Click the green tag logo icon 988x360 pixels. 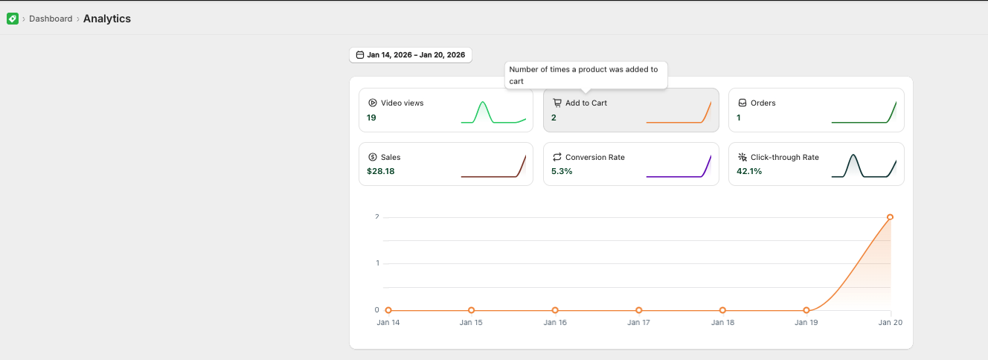pyautogui.click(x=13, y=19)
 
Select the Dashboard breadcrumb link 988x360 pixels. pyautogui.click(x=51, y=19)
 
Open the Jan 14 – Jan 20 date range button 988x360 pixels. pyautogui.click(x=411, y=55)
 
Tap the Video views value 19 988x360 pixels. pyautogui.click(x=371, y=118)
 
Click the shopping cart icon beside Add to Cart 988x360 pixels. pyautogui.click(x=557, y=103)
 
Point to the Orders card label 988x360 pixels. pyautogui.click(x=763, y=103)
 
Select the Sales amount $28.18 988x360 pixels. pyautogui.click(x=381, y=171)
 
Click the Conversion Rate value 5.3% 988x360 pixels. pyautogui.click(x=562, y=171)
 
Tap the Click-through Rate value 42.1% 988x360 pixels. pyautogui.click(x=749, y=171)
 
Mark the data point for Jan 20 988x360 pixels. pyautogui.click(x=890, y=217)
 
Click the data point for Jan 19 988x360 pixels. pyautogui.click(x=806, y=310)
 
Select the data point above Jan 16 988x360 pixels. pyautogui.click(x=555, y=310)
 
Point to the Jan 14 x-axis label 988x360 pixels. pyautogui.click(x=388, y=323)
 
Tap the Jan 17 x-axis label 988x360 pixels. pyautogui.click(x=638, y=323)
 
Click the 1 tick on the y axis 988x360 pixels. pyautogui.click(x=377, y=263)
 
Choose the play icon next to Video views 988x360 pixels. pyautogui.click(x=373, y=103)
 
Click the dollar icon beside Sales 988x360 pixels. pyautogui.click(x=373, y=157)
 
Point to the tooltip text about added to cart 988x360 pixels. pyautogui.click(x=583, y=75)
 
